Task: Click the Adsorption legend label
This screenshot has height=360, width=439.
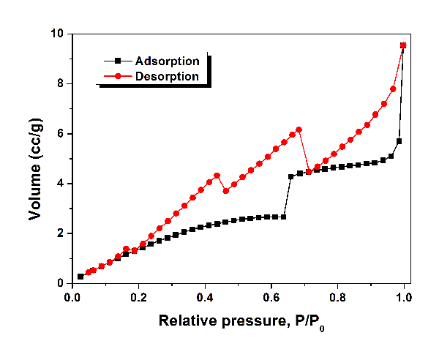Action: tap(167, 61)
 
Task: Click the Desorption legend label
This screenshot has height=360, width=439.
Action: tap(167, 76)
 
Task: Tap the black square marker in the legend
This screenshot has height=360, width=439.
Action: tap(118, 61)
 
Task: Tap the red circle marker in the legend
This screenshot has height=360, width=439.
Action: tap(118, 76)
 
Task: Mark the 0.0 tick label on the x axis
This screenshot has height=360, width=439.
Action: tap(72, 298)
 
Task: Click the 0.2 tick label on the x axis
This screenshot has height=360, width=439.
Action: tap(138, 298)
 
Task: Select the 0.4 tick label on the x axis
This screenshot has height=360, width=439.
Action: tap(205, 298)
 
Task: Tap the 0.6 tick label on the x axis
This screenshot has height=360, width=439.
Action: tap(271, 298)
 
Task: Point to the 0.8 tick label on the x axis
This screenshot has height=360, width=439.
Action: tap(338, 298)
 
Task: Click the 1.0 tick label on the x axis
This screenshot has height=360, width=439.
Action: tap(404, 298)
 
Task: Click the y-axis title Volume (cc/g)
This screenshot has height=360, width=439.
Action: tap(34, 158)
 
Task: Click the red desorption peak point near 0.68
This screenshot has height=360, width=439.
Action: tap(299, 130)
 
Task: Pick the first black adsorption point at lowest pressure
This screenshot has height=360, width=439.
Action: tap(80, 277)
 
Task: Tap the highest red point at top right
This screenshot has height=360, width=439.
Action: tap(403, 45)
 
